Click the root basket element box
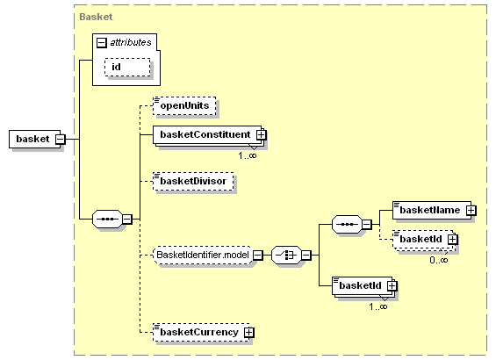pos(35,139)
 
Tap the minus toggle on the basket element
pos(61,140)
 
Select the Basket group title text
pos(96,17)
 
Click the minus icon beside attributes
pos(102,43)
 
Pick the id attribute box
pos(127,67)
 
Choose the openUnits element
pos(184,105)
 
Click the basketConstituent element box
pos(207,135)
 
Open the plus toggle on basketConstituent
pos(262,135)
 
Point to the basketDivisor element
pos(193,181)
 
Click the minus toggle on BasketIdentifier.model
pos(258,255)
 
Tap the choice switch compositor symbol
pos(286,255)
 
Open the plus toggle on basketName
pos(471,211)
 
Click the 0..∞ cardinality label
pos(439,260)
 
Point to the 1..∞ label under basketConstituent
pos(248,155)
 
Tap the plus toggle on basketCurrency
pos(249,333)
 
